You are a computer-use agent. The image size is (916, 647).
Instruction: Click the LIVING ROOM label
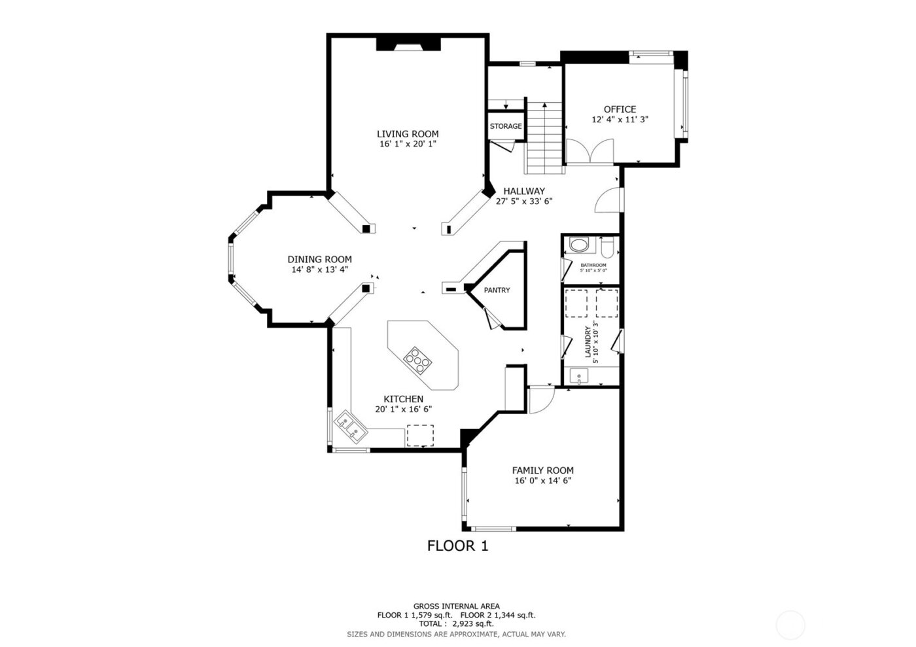[408, 134]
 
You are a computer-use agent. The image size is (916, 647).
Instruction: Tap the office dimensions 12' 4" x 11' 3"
[620, 120]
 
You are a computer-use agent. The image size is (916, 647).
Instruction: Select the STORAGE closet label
[506, 126]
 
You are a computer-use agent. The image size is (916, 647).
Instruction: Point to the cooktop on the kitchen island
[417, 359]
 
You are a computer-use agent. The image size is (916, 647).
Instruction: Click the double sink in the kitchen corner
[350, 426]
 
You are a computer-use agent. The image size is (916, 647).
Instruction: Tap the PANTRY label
[497, 290]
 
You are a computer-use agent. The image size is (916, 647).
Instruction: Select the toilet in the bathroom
[607, 247]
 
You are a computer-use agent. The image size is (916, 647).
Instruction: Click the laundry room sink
[579, 376]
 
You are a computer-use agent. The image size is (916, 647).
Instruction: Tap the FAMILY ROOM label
[542, 470]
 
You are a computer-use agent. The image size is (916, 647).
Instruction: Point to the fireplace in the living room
[408, 44]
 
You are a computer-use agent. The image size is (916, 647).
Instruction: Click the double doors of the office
[590, 152]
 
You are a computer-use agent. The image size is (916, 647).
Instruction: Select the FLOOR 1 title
[457, 546]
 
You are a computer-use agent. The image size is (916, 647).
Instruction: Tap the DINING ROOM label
[319, 260]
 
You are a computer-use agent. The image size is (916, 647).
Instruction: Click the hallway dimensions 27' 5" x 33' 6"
[524, 201]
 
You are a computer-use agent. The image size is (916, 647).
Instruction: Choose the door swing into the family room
[540, 400]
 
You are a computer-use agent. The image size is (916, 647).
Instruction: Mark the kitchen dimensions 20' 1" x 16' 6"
[403, 410]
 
